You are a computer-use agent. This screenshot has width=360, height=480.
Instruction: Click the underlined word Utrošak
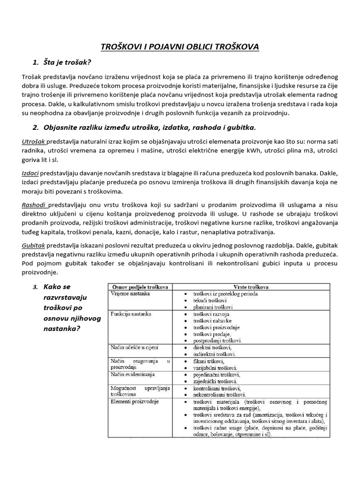click(x=33, y=141)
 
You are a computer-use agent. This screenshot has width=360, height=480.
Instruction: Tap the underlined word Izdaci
click(x=30, y=173)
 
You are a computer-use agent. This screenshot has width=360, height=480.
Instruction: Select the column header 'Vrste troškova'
click(x=247, y=286)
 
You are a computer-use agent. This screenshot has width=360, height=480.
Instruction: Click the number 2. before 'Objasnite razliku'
click(x=36, y=127)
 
